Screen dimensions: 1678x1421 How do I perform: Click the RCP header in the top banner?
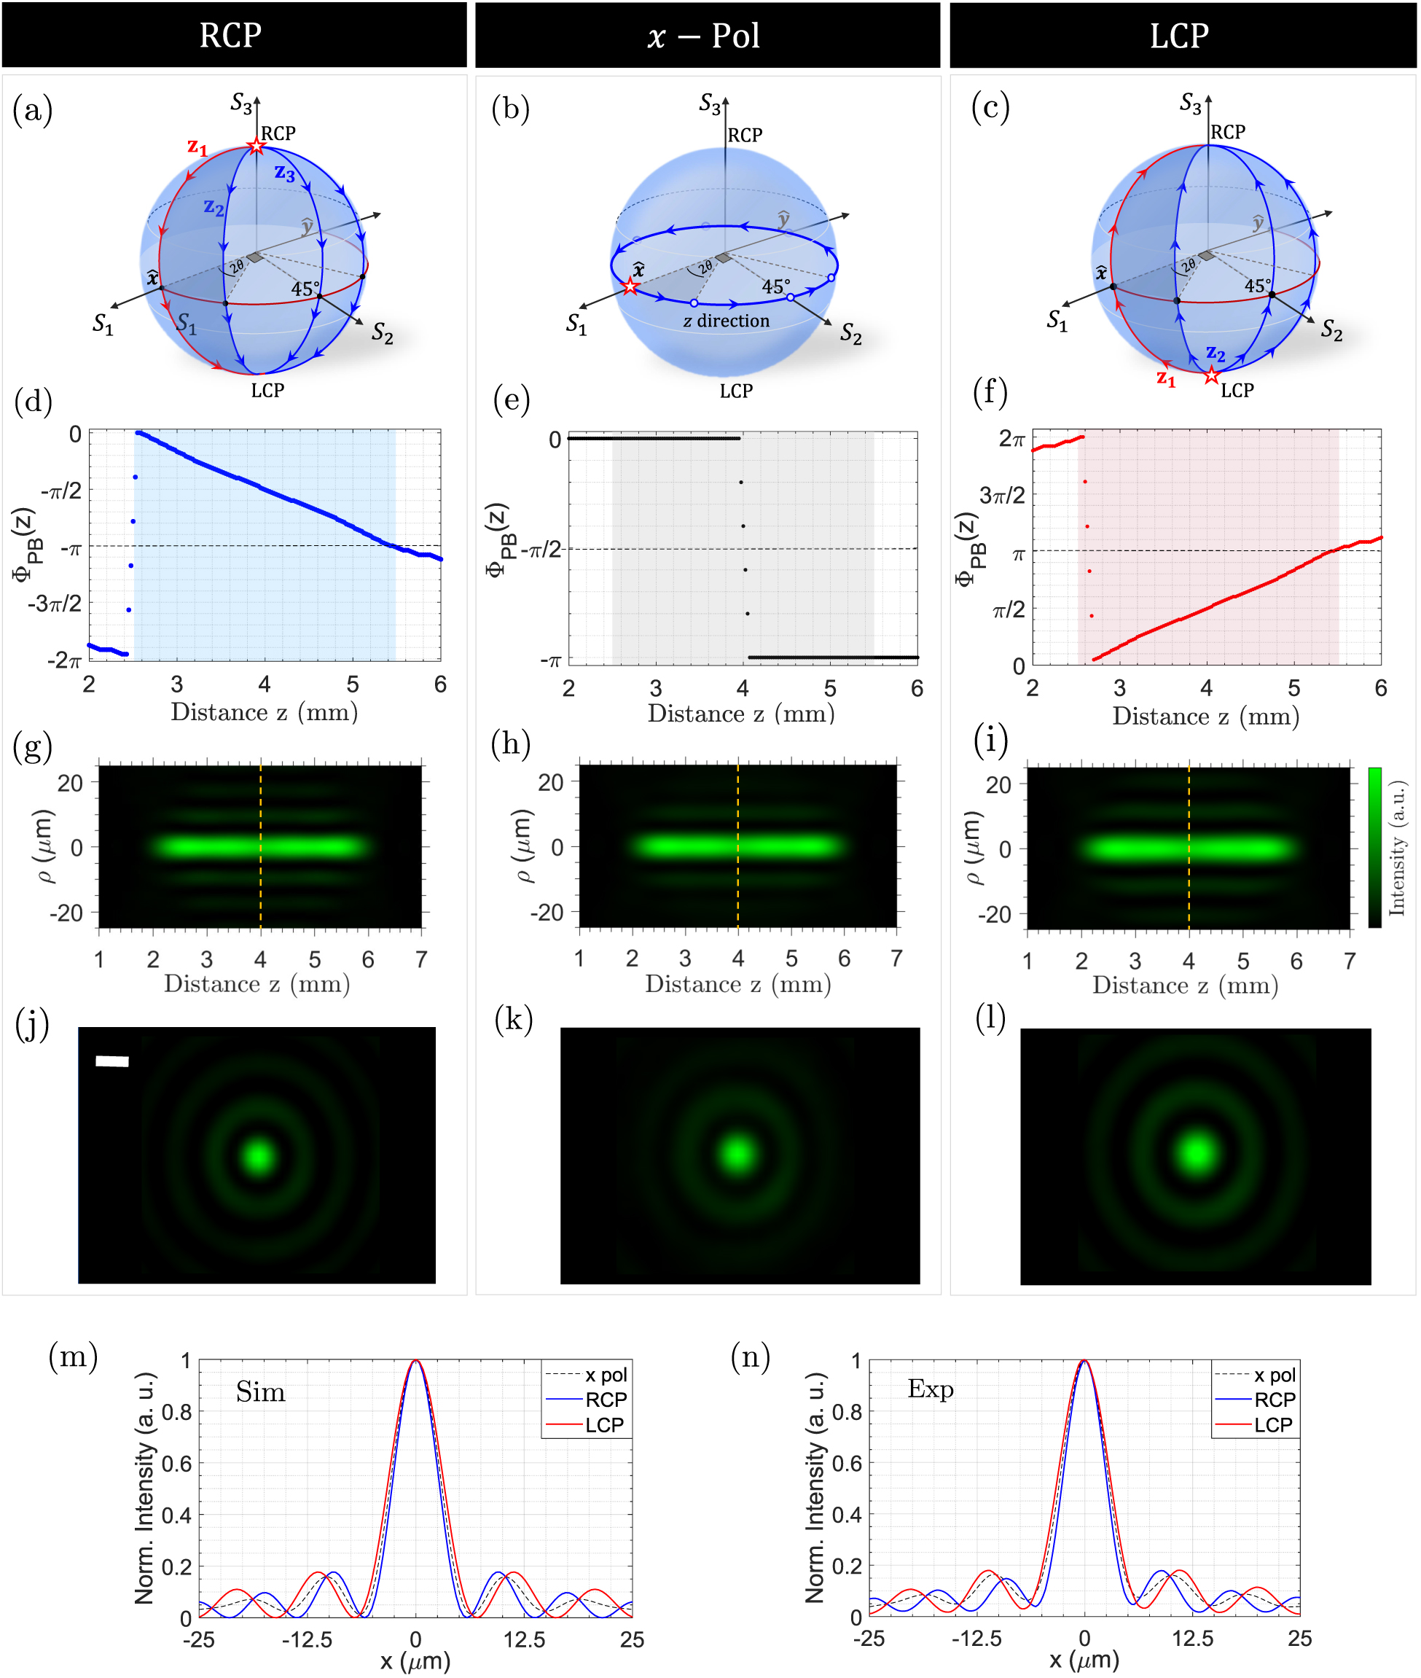[x=230, y=36]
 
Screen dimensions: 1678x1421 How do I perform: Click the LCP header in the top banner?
[x=1178, y=36]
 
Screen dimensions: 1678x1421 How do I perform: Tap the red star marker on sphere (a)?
[x=257, y=147]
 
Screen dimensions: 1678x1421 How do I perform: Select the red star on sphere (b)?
[x=630, y=286]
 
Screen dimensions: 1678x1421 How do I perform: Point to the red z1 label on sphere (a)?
[x=197, y=147]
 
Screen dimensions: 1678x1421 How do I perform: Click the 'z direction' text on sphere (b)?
[x=726, y=321]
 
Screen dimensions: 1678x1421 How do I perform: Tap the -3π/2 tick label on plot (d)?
[x=55, y=604]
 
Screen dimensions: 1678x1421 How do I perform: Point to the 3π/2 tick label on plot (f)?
[x=1001, y=495]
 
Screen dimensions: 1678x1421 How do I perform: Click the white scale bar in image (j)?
[x=112, y=1061]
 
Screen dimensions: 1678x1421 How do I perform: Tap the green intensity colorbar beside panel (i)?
[x=1374, y=846]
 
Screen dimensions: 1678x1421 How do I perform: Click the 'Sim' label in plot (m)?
[x=260, y=1392]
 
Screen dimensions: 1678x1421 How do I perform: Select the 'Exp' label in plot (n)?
[x=930, y=1388]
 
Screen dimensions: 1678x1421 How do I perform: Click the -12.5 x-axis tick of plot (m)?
[x=307, y=1639]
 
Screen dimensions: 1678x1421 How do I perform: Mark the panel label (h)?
[x=511, y=743]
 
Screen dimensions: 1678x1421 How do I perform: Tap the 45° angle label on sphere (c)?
[x=1258, y=285]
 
